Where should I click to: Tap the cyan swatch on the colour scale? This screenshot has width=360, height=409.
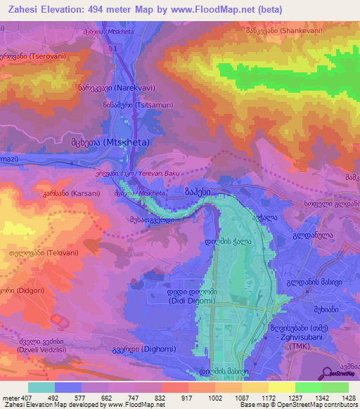coord(41,387)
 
